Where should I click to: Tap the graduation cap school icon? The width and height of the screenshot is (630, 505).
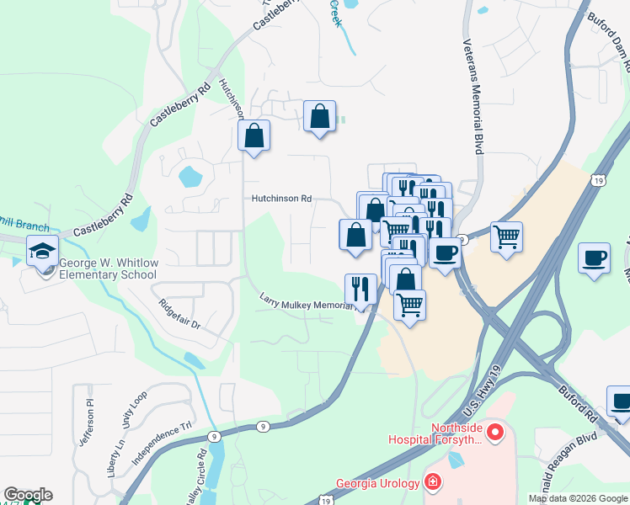[x=42, y=250]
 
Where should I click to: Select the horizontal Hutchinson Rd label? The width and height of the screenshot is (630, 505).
[x=281, y=199]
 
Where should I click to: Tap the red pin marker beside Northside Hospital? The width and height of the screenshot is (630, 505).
[x=495, y=433]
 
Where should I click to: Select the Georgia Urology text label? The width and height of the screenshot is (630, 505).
[x=378, y=482]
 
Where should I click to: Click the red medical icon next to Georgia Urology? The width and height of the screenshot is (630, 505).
[x=432, y=482]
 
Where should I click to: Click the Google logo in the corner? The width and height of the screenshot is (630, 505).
[x=28, y=495]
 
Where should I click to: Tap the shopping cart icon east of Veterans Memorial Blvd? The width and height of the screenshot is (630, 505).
[x=506, y=237]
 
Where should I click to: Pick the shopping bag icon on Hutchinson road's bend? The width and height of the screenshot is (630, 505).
[x=254, y=136]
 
